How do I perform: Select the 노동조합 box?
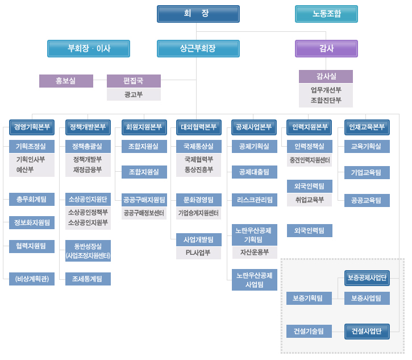326,14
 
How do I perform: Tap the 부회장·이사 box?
89,48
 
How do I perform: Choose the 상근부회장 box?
198,48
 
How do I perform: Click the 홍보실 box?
66,81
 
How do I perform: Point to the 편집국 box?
134,81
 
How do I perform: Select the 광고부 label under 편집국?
134,94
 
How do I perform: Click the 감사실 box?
326,76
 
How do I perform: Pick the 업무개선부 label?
326,90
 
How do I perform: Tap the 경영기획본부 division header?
32,127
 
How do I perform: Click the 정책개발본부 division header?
88,127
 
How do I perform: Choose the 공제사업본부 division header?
254,127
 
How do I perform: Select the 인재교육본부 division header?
367,127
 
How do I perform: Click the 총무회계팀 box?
32,199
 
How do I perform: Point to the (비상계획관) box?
32,279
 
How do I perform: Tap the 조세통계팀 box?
88,279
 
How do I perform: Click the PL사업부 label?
198,253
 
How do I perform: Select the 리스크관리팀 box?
254,200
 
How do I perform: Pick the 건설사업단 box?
367,331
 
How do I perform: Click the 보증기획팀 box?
309,298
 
